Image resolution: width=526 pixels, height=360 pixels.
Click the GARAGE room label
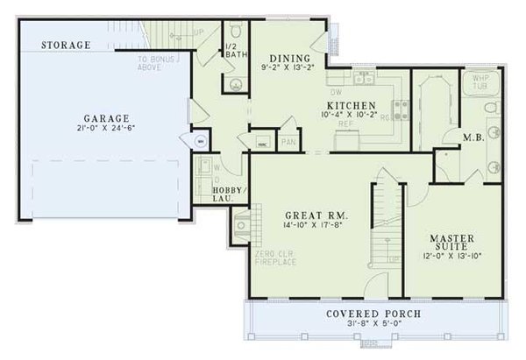pos(108,117)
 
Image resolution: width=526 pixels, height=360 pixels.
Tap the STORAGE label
pos(67,45)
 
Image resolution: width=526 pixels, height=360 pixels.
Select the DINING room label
pos(285,53)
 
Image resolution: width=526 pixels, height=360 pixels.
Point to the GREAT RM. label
pos(317,215)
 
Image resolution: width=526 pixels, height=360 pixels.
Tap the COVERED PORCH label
pos(373,314)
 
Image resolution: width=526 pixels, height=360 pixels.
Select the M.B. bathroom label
pos(476,137)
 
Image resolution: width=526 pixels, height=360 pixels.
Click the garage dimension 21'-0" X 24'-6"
pos(108,128)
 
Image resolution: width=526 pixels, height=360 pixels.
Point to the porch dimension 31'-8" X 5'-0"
pos(374,324)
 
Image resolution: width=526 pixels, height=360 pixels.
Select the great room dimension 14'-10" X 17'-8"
pos(317,225)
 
